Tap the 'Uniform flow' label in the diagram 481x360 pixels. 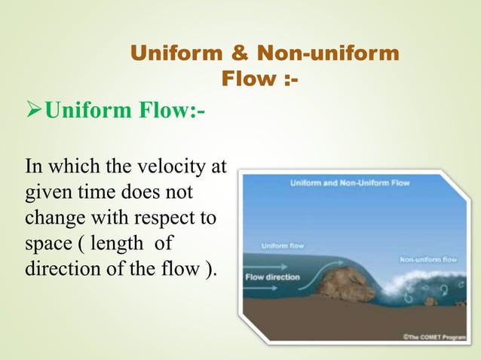point(283,246)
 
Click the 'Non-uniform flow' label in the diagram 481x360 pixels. point(427,259)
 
